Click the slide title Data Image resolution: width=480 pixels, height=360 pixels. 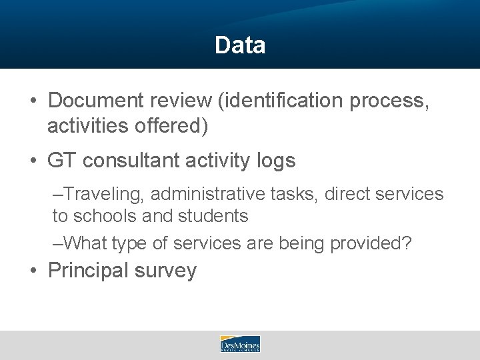[240, 45]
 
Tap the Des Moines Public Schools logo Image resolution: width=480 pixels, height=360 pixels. [240, 344]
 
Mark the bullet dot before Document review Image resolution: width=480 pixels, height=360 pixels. [33, 101]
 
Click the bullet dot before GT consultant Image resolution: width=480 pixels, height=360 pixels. [33, 161]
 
